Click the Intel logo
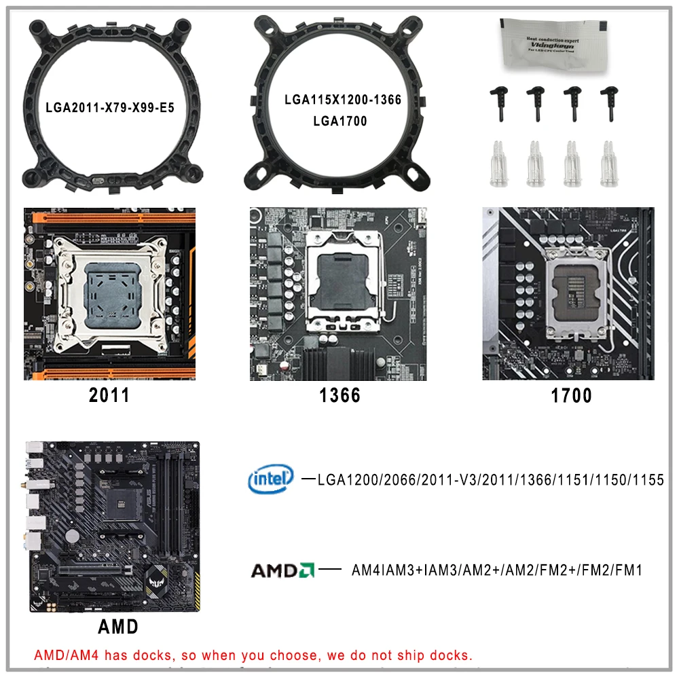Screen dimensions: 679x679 coord(271,479)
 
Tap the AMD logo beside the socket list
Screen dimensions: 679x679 coord(282,570)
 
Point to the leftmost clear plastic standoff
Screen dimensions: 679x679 coord(498,162)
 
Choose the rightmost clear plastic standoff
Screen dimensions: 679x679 coord(606,164)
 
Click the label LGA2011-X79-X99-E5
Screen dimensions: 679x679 coord(109,107)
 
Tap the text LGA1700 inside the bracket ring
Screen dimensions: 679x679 coord(340,121)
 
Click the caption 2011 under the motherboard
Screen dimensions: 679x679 coord(109,396)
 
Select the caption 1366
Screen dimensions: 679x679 coord(339,396)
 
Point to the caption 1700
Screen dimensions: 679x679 coord(571,396)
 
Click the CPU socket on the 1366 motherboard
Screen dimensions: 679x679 coord(339,278)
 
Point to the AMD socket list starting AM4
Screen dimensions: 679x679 coord(496,570)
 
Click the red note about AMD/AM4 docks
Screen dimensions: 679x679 coord(253,656)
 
